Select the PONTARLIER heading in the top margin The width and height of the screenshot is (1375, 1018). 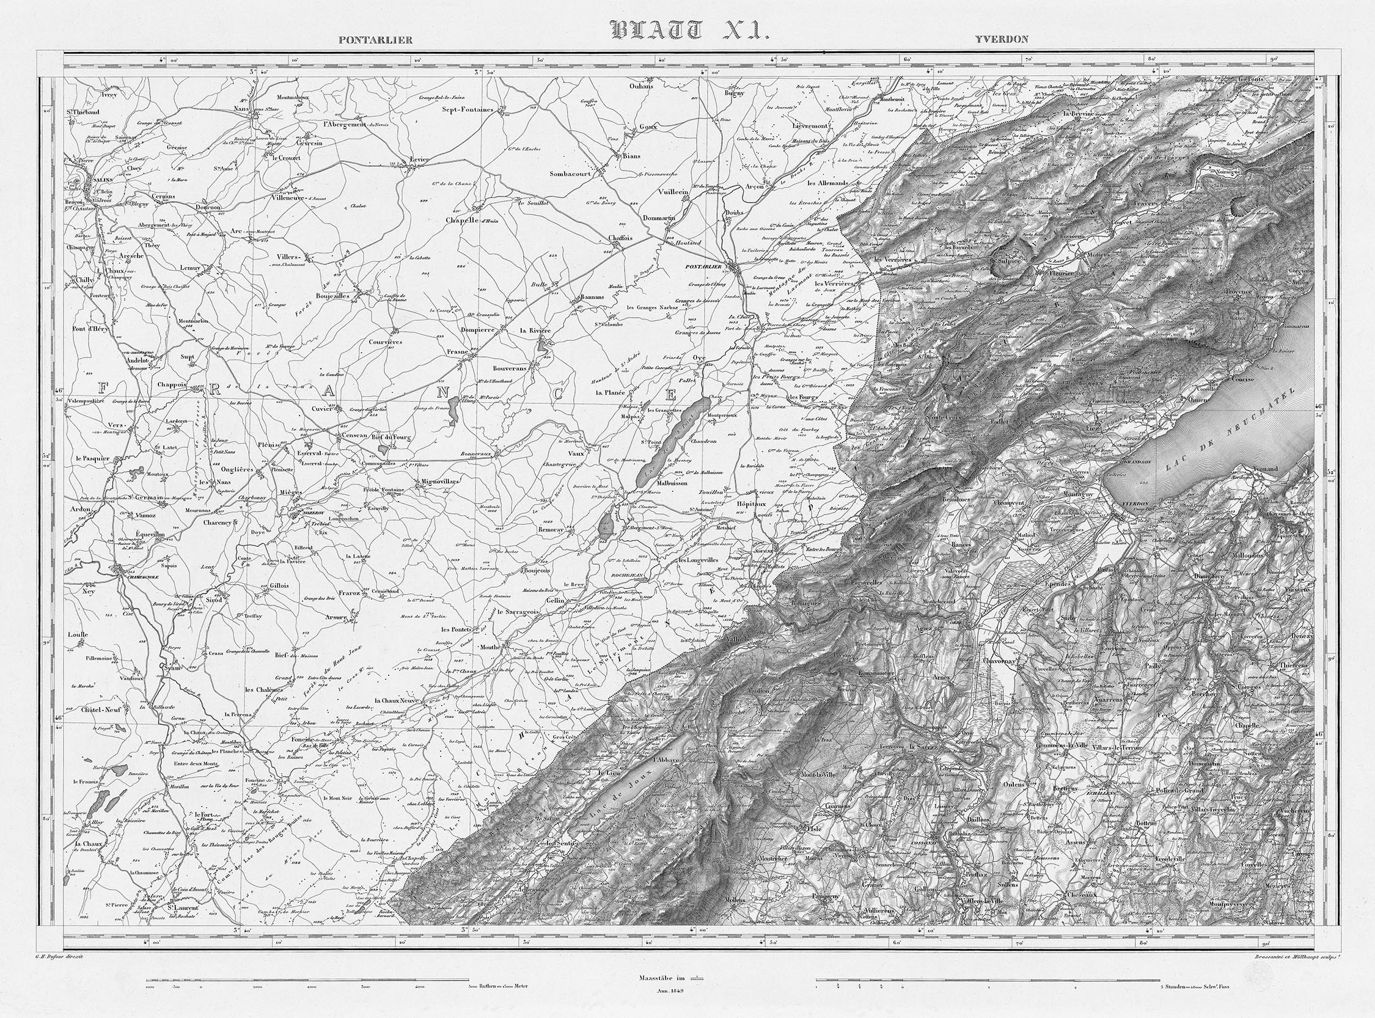pyautogui.click(x=375, y=41)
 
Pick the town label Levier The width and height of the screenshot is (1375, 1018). pyautogui.click(x=420, y=159)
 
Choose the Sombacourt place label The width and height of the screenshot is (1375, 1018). pyautogui.click(x=570, y=174)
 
